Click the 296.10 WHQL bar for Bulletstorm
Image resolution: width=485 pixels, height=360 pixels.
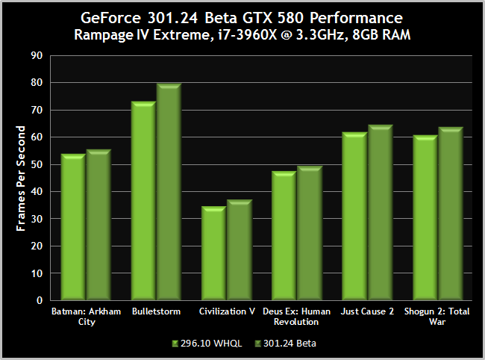tap(143, 202)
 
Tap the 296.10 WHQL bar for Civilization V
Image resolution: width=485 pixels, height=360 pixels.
tap(213, 254)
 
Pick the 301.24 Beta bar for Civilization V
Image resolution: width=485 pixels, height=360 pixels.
tap(238, 251)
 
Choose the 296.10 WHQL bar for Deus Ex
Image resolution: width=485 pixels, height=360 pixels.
tap(284, 236)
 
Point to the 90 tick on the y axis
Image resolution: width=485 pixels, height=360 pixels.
tap(36, 55)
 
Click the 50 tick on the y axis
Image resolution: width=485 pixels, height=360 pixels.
tap(36, 164)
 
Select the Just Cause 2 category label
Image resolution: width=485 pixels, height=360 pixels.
tap(367, 311)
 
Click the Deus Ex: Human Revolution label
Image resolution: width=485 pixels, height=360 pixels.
tap(297, 317)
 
